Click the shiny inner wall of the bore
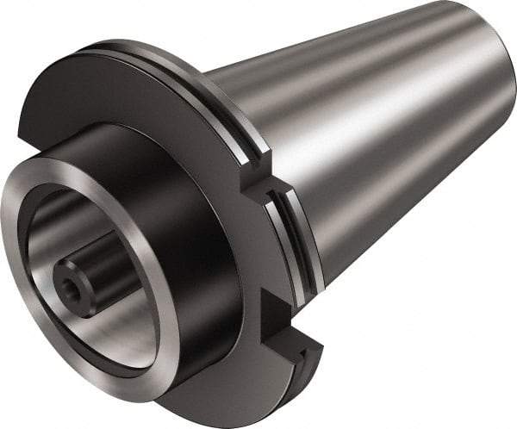112,319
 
